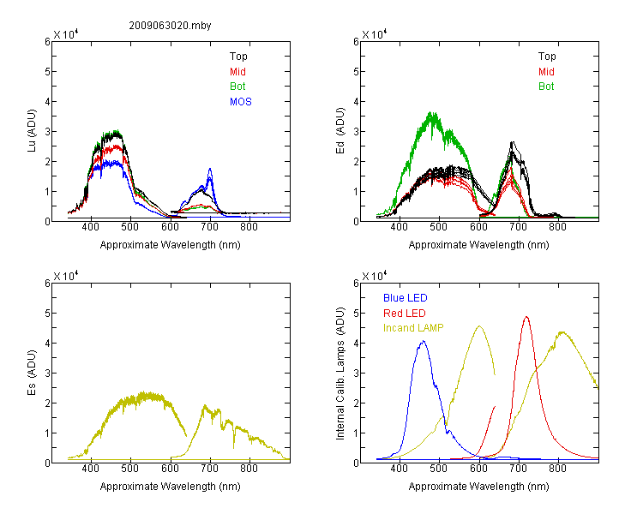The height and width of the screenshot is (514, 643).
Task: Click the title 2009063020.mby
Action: click(x=170, y=26)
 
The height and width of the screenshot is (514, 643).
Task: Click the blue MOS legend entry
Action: click(x=241, y=102)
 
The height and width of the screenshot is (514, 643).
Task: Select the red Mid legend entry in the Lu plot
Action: click(x=237, y=72)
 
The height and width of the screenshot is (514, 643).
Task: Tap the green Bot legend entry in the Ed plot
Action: click(x=546, y=87)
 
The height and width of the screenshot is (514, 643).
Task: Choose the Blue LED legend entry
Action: click(x=406, y=298)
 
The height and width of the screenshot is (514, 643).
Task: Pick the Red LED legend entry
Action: click(x=405, y=314)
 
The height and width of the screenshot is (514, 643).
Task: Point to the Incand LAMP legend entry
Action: click(x=413, y=328)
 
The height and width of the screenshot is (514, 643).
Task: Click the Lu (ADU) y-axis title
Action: click(x=32, y=131)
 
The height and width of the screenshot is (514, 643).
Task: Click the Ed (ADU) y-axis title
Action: click(x=340, y=131)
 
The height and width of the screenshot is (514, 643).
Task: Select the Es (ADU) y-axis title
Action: click(x=32, y=373)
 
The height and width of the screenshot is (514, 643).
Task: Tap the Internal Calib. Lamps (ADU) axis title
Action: click(x=340, y=374)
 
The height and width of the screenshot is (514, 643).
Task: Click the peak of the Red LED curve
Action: click(x=526, y=317)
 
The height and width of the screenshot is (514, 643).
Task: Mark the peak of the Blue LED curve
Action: click(x=424, y=341)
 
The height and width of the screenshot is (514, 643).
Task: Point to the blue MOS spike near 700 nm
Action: click(x=210, y=169)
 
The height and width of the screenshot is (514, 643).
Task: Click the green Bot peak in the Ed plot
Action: click(x=431, y=112)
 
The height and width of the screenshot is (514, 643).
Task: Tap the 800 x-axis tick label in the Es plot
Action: click(x=249, y=468)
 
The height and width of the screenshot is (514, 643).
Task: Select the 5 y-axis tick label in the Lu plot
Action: click(x=47, y=72)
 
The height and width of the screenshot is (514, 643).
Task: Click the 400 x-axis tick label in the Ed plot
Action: click(x=399, y=227)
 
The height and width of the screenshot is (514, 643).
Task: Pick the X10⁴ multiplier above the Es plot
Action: click(x=66, y=276)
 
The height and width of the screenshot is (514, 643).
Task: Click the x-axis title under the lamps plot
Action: click(x=478, y=487)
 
